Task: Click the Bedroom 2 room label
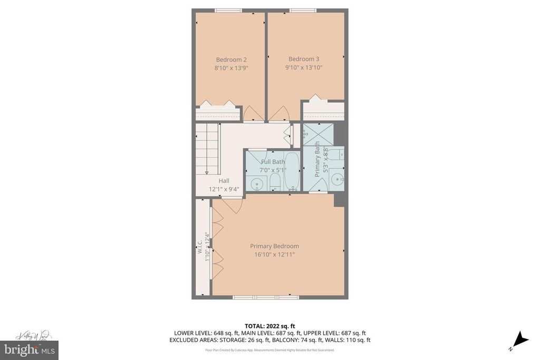[231, 60]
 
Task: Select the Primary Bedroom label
[274, 246]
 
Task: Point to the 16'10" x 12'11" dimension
[274, 255]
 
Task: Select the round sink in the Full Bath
[257, 184]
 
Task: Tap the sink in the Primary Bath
[337, 180]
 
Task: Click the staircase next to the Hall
[207, 149]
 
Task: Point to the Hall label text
[224, 181]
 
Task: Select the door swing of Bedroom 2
[253, 112]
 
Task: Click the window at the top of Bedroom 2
[228, 10]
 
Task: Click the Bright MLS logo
[30, 349]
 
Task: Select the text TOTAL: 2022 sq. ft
[269, 325]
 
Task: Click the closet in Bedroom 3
[323, 111]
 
